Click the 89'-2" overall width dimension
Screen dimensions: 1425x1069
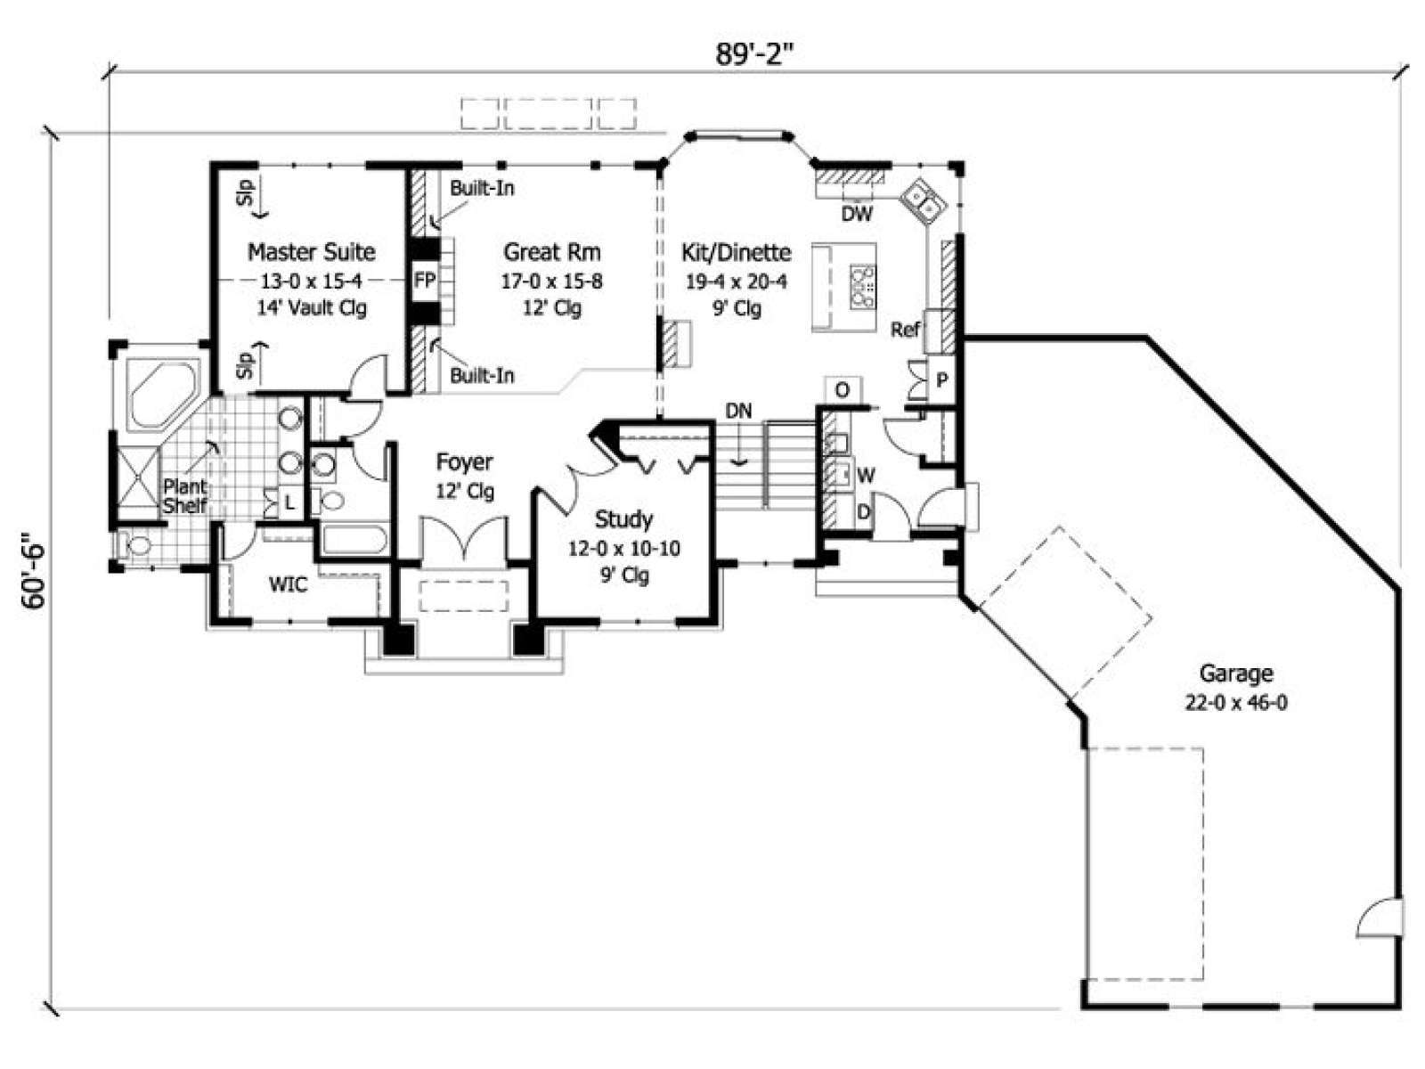click(755, 54)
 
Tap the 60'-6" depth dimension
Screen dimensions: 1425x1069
click(33, 571)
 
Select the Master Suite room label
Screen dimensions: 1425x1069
click(312, 251)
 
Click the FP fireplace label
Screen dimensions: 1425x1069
click(425, 281)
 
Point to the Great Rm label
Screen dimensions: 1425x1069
click(552, 251)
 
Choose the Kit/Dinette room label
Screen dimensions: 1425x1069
click(737, 252)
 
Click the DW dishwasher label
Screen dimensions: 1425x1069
click(857, 214)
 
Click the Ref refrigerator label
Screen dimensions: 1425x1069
click(905, 330)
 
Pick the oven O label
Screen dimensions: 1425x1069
click(842, 390)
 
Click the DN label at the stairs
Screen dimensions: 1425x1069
click(739, 411)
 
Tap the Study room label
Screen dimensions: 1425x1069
click(623, 518)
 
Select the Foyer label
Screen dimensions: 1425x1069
click(464, 461)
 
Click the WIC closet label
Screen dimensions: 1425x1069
click(289, 584)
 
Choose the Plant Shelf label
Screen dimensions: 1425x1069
click(185, 496)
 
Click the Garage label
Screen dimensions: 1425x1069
click(1236, 673)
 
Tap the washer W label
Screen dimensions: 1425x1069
click(866, 476)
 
